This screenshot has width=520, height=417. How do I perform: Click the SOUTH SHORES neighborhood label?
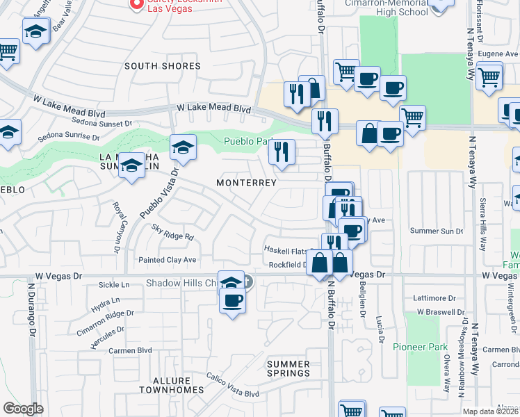(162, 66)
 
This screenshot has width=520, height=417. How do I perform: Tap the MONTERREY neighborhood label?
(246, 183)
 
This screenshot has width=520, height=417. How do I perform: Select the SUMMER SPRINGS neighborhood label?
(289, 369)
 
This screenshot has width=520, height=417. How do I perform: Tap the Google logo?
(23, 409)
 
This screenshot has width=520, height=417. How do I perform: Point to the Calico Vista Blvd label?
(232, 386)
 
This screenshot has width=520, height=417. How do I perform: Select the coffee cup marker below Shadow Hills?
(233, 301)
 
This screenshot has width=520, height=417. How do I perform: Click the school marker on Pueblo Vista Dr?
(183, 147)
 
